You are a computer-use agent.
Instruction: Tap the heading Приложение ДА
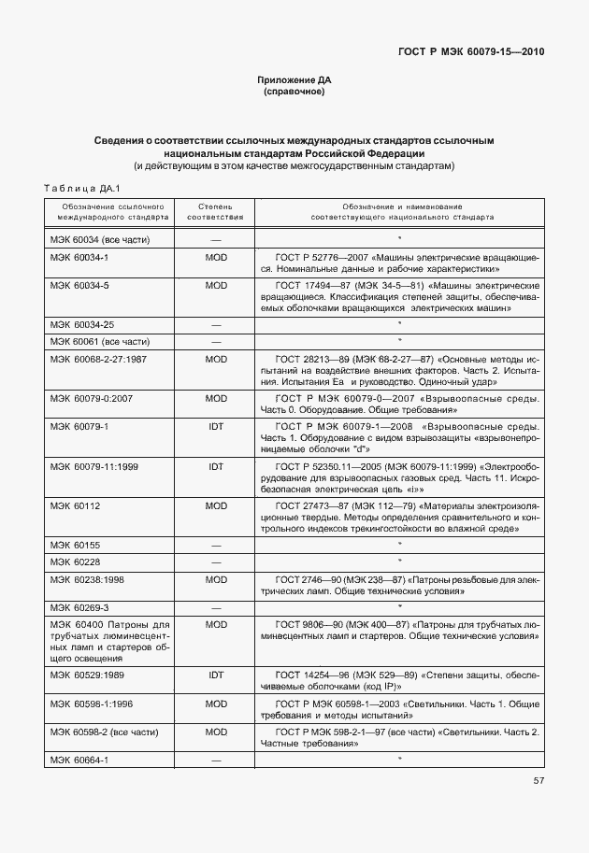(x=294, y=80)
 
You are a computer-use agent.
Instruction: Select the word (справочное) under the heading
(x=294, y=92)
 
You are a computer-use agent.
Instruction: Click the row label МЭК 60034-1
(x=79, y=257)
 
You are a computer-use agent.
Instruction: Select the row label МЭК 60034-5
(x=79, y=285)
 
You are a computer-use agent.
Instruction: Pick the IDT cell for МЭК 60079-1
(x=216, y=426)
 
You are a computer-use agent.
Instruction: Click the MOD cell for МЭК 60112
(x=216, y=505)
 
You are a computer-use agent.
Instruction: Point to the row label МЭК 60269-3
(x=79, y=606)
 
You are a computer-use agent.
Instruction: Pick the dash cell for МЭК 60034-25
(x=216, y=323)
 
